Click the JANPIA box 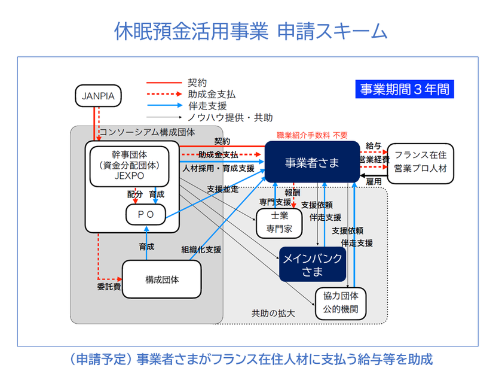click(x=98, y=96)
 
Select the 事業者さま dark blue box click(x=312, y=162)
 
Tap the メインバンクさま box click(x=313, y=264)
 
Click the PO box click(x=146, y=214)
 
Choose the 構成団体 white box click(x=162, y=279)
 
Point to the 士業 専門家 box click(x=279, y=223)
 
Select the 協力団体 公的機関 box click(x=341, y=303)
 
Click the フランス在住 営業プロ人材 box click(x=420, y=163)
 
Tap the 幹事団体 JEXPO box click(x=129, y=166)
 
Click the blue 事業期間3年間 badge click(x=405, y=89)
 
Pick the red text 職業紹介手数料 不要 click(x=312, y=135)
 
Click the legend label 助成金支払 click(x=212, y=95)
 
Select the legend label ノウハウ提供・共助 click(x=230, y=118)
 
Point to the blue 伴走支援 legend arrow click(x=165, y=105)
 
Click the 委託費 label click(x=109, y=286)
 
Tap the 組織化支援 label click(x=201, y=250)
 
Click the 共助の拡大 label click(x=273, y=313)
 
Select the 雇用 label click(x=374, y=181)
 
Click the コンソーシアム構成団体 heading click(x=147, y=132)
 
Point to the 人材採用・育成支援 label click(x=218, y=168)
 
